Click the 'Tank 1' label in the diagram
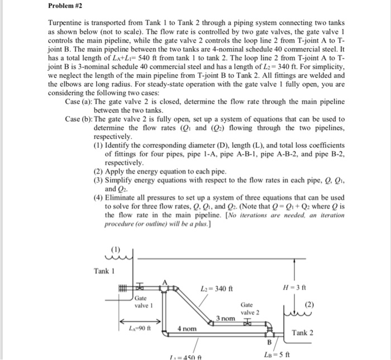(104, 271)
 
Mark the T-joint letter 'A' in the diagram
(164, 281)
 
